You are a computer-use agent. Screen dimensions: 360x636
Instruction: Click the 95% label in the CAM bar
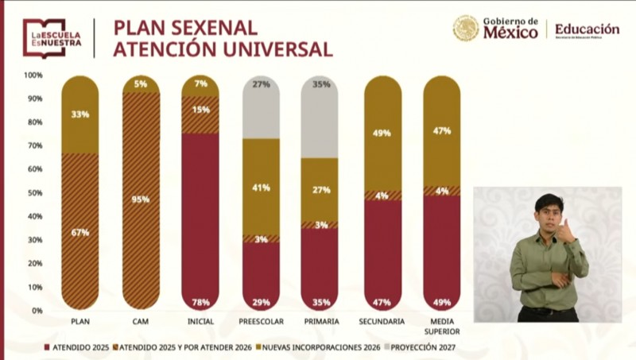[140, 199]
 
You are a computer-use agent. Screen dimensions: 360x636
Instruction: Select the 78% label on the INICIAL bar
[200, 302]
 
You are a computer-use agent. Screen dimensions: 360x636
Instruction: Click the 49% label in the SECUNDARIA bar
[382, 133]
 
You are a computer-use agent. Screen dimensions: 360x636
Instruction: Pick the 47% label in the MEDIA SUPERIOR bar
[441, 130]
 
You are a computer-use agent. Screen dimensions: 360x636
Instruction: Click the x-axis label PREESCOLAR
[261, 322]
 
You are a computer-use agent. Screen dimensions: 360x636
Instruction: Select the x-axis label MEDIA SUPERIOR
[441, 326]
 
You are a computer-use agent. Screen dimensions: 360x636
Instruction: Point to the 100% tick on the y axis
[33, 75]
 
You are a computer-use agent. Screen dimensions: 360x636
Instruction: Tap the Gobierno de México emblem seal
[466, 29]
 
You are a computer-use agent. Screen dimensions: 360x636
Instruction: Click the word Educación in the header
[587, 29]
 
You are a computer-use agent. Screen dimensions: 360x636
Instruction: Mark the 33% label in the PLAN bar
[80, 114]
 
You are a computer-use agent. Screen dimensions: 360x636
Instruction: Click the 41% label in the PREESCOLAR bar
[261, 188]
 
